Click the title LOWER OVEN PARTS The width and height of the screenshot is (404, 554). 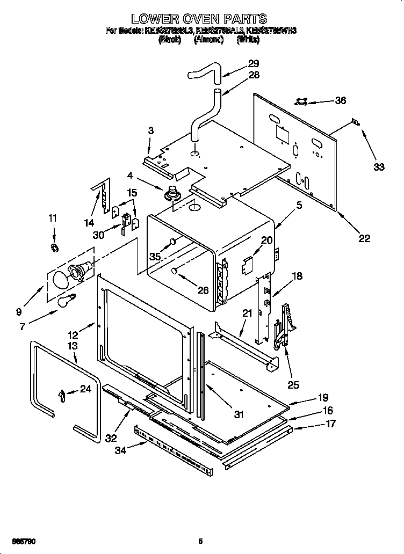click(x=200, y=20)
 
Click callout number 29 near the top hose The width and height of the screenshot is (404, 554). click(x=254, y=63)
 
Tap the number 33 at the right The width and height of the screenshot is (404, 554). click(x=379, y=167)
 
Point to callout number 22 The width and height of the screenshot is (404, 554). click(x=364, y=238)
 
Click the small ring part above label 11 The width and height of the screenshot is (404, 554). click(x=54, y=247)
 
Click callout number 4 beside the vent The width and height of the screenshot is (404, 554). click(x=130, y=174)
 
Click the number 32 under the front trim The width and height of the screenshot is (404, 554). click(x=111, y=438)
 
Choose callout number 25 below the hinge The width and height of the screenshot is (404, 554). click(x=293, y=384)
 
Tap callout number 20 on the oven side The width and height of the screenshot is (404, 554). click(x=267, y=240)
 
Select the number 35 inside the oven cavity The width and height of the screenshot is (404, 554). click(x=155, y=257)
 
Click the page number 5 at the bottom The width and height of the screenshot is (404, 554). click(x=200, y=541)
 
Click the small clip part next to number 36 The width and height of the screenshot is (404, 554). click(x=302, y=100)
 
